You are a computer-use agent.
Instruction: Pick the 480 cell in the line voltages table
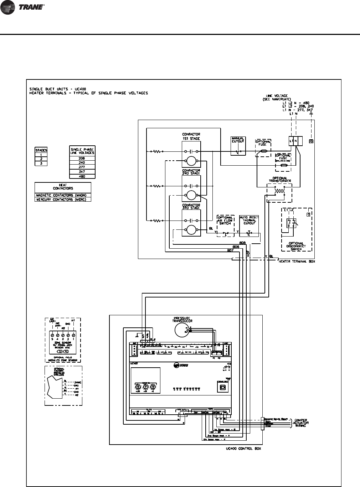(82, 176)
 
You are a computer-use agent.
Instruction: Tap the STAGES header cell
(41, 150)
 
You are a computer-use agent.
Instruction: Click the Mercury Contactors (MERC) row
(63, 200)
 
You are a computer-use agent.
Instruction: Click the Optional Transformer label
(280, 180)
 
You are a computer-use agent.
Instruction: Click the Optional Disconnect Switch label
(296, 245)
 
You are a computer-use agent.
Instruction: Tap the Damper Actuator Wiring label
(299, 423)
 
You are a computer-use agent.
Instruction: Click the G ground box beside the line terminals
(312, 141)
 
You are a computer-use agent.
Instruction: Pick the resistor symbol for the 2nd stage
(157, 186)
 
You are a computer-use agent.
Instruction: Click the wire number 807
(230, 250)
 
